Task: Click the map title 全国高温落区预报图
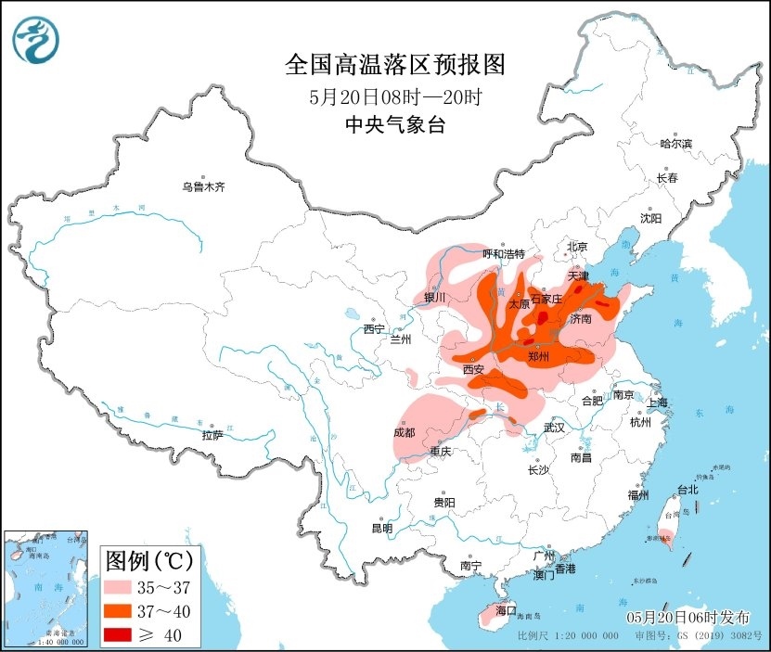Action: tap(394, 65)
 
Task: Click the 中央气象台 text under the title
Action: tap(394, 125)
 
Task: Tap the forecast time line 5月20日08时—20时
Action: tap(394, 96)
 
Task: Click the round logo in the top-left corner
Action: tap(35, 40)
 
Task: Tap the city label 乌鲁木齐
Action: tap(203, 187)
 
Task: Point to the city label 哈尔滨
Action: tap(675, 144)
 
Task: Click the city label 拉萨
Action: tap(212, 435)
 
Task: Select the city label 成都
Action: tap(404, 432)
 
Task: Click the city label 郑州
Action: tap(538, 356)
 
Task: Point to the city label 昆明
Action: tap(381, 528)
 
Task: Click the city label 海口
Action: tap(506, 611)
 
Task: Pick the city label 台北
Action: tap(687, 490)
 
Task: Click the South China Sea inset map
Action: tap(46, 589)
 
